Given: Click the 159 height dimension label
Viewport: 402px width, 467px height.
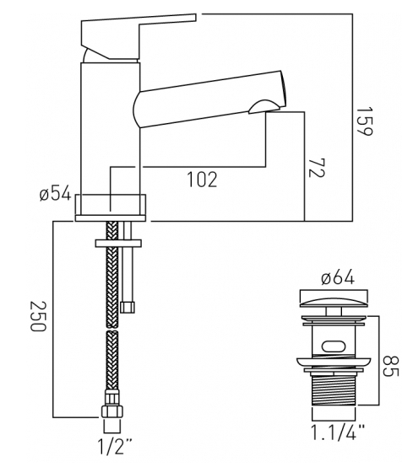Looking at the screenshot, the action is tap(365, 121).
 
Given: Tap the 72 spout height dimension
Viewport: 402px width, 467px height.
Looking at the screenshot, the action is tap(316, 168).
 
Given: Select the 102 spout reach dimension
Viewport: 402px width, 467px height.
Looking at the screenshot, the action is tap(203, 180).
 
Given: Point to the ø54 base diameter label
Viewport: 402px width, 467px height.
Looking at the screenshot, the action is tap(56, 193).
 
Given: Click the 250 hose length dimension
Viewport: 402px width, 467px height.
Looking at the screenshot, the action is tap(38, 316).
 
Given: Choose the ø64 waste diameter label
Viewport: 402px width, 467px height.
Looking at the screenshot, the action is tap(338, 277).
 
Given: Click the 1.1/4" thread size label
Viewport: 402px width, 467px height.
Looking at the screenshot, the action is tap(338, 432).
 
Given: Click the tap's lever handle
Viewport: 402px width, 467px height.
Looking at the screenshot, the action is tap(138, 37).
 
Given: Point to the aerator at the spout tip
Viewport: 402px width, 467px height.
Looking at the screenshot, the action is tap(264, 107).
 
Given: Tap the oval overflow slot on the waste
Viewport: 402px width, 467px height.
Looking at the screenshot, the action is tap(334, 346).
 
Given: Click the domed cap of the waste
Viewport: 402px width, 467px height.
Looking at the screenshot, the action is tap(334, 303).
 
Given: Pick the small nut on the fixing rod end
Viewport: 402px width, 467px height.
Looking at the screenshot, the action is tap(128, 307).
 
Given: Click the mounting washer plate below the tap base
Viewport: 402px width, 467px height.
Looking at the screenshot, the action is tap(118, 243).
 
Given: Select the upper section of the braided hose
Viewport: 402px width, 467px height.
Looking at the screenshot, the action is tap(112, 275).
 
